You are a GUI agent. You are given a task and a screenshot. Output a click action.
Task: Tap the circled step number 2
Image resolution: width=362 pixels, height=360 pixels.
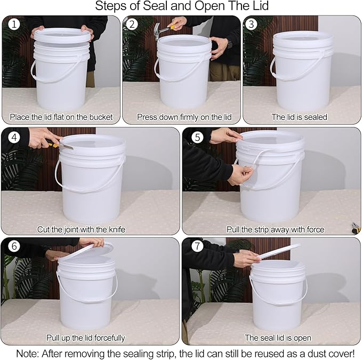pos(132,25)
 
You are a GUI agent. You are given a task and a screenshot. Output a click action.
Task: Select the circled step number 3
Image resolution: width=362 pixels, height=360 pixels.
pos(252,25)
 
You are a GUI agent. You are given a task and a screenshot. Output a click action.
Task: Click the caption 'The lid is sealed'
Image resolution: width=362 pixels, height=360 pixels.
pos(300,117)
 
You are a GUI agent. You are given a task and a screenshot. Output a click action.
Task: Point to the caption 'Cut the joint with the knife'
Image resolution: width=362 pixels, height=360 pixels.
pos(81,229)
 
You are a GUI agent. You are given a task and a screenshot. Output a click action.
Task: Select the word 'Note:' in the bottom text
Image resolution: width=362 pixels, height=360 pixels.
pos(27,353)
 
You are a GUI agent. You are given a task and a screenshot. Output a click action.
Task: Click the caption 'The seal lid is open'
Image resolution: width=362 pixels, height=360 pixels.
pos(278,338)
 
